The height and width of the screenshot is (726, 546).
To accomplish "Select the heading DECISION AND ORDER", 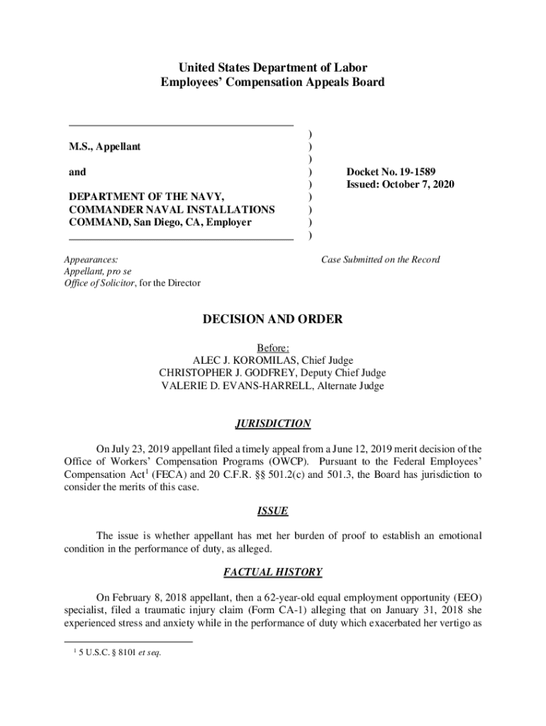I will (x=273, y=320).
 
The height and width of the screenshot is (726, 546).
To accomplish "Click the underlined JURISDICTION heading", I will (x=273, y=424).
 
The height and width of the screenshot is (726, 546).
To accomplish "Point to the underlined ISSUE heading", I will (x=273, y=511).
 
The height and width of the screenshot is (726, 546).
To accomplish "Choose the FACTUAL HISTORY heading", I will (x=273, y=571).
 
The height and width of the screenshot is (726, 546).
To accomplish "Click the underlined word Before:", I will (x=273, y=348).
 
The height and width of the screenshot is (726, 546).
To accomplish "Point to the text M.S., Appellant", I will (x=104, y=147).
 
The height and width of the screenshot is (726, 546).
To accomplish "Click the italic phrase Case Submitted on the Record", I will (x=381, y=259).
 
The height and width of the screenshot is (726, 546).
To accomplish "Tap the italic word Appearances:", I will (x=91, y=259).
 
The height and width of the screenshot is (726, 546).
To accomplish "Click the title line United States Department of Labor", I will (x=273, y=68).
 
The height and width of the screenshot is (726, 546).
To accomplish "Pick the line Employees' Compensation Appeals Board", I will (x=273, y=82).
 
